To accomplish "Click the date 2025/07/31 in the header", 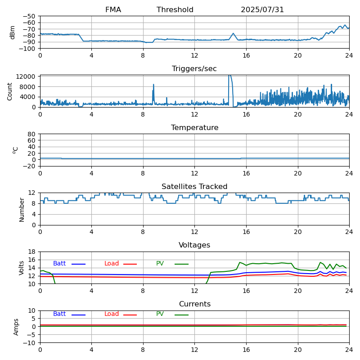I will (x=262, y=10).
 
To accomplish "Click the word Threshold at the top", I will (x=175, y=10).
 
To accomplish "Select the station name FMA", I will (x=113, y=10).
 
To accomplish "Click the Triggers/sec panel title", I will (x=194, y=69).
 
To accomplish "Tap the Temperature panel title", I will (x=194, y=128).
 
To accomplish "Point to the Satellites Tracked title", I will (x=194, y=187).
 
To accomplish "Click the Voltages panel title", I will (x=194, y=245).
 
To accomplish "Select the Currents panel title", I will (x=194, y=304).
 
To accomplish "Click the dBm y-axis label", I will (x=13, y=32).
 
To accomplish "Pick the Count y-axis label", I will (x=10, y=91).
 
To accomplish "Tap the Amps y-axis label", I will (x=17, y=327).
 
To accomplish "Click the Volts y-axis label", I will (x=22, y=268).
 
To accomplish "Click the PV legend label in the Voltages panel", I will (x=160, y=264).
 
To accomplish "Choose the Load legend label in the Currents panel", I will (x=112, y=314).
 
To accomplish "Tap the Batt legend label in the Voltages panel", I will (x=59, y=264).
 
